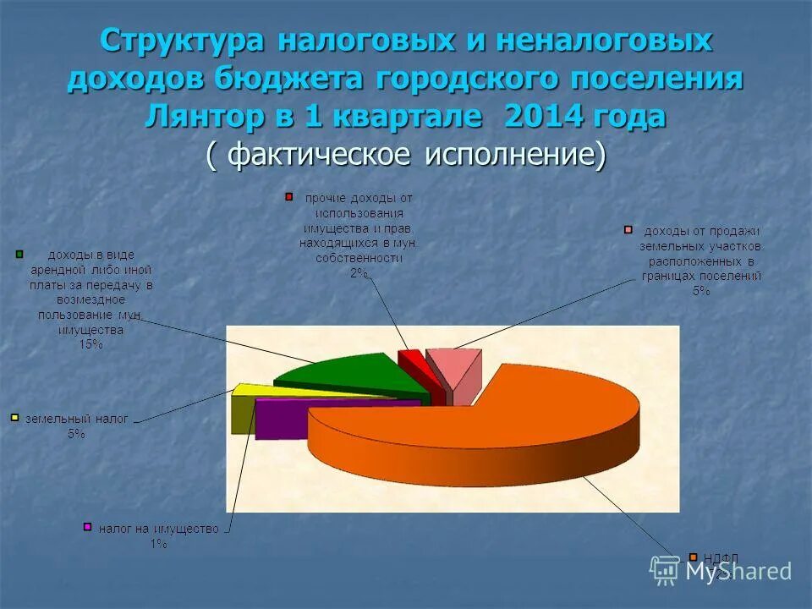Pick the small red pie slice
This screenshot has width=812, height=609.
(x=412, y=364)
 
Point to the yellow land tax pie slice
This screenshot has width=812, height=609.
(x=254, y=391)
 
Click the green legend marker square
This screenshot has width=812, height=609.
(x=19, y=253)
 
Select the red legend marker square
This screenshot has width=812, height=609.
(x=288, y=197)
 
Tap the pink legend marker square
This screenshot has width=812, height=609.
(x=628, y=229)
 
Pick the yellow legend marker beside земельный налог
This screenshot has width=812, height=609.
(x=14, y=418)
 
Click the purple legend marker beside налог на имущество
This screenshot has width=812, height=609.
(x=86, y=527)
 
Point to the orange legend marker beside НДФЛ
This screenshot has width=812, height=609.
(x=693, y=557)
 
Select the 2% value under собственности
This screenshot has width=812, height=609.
(x=359, y=272)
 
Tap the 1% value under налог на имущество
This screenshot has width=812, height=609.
(x=158, y=544)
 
